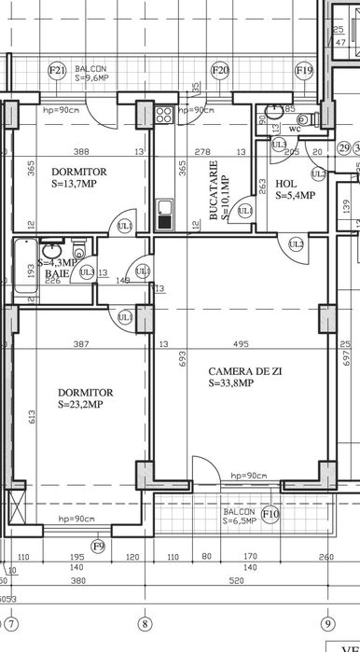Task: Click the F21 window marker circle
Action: (57, 70)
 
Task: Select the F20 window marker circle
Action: (220, 70)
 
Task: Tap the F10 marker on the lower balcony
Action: (271, 514)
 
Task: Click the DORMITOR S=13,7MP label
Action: (78, 178)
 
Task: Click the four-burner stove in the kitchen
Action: (163, 116)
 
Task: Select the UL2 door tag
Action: (297, 244)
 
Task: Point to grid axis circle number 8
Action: (144, 623)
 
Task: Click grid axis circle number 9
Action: (327, 623)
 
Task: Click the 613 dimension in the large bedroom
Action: (31, 415)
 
